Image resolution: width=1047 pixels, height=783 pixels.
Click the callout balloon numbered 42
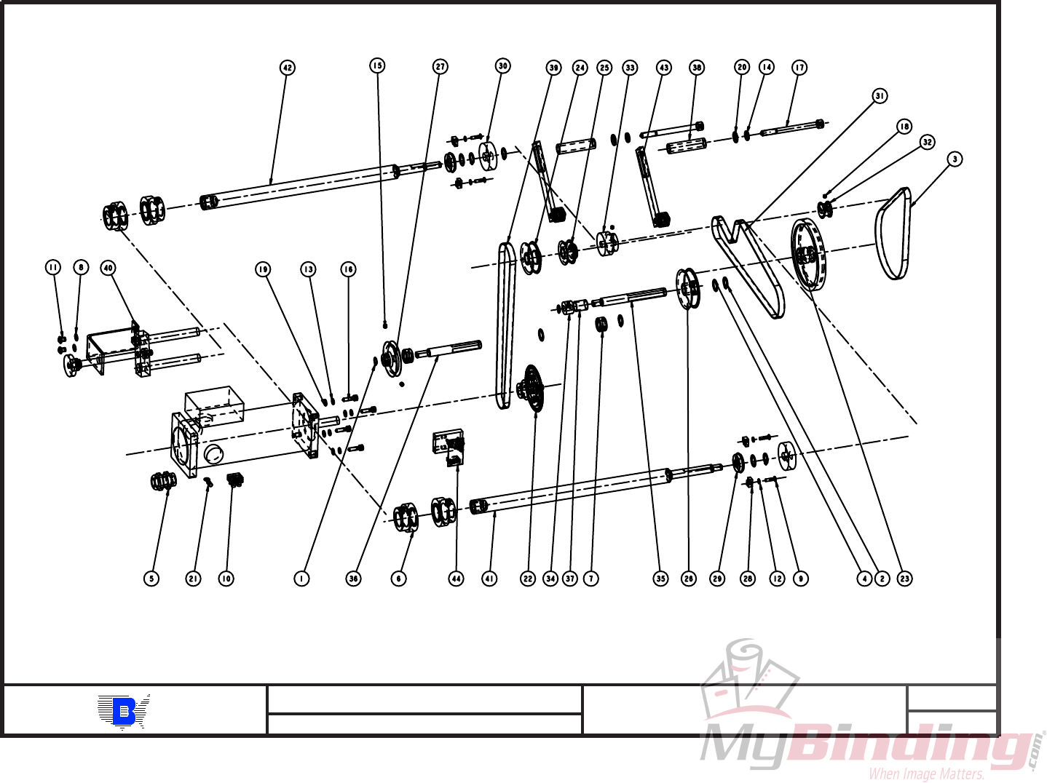coord(288,68)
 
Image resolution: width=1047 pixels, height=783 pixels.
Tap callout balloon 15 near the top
coord(377,65)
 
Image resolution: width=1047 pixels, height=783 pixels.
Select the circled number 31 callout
coord(880,96)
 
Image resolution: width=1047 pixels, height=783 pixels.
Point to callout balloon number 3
coord(955,159)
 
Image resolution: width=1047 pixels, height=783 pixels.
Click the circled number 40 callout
coord(108,268)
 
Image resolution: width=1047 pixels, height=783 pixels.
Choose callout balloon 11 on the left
coord(53,267)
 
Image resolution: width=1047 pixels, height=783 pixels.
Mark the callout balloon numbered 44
coord(456,579)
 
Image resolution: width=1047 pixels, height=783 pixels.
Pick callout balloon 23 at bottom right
coord(904,579)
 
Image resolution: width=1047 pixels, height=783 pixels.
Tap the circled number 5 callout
coord(151,579)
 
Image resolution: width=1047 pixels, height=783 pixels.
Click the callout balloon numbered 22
coord(528,579)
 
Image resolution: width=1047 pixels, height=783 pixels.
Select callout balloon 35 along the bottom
coord(660,579)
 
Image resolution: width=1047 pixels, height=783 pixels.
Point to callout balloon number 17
coord(799,68)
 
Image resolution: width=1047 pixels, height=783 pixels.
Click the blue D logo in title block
coord(124,711)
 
